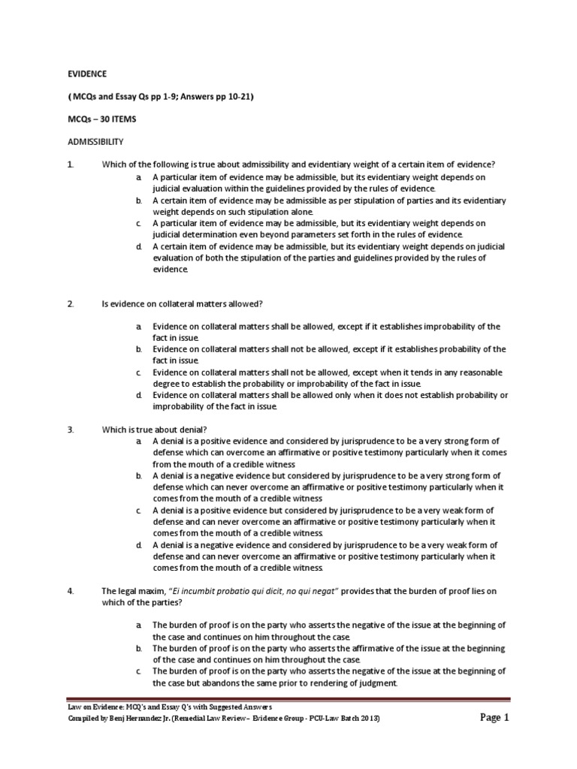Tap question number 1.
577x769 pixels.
click(x=70, y=164)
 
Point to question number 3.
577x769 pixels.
click(x=70, y=430)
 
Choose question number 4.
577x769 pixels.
click(x=70, y=591)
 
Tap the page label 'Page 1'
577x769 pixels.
click(x=494, y=718)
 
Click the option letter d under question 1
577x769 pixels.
click(x=139, y=246)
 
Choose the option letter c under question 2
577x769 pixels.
click(x=139, y=372)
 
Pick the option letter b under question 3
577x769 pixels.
click(x=139, y=476)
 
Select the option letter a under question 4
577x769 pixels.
click(x=139, y=625)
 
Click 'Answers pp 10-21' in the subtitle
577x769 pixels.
click(x=204, y=97)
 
